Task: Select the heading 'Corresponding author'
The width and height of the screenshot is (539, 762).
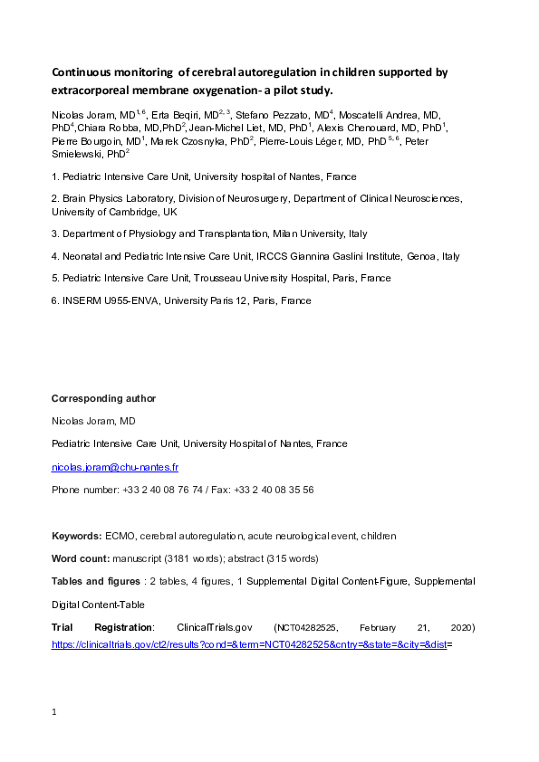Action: [x=103, y=398]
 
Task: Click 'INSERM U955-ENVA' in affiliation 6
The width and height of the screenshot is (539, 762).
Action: [x=105, y=300]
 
